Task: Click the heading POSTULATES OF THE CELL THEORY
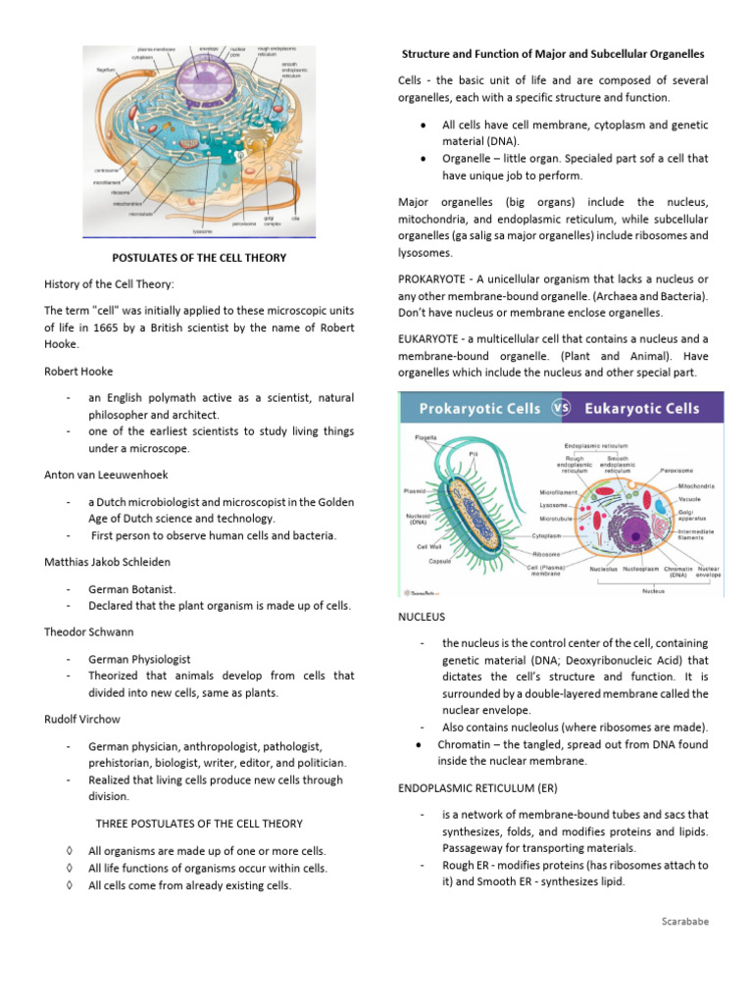[x=199, y=258]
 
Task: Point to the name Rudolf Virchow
[x=81, y=719]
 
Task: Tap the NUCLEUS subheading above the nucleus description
[x=422, y=617]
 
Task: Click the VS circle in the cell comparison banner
[x=562, y=408]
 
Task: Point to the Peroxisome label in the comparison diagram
[x=678, y=470]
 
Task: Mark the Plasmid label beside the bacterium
[x=416, y=490]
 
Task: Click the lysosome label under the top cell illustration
[x=202, y=231]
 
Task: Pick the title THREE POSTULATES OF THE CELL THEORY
[x=199, y=824]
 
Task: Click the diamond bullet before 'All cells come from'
[x=68, y=886]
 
